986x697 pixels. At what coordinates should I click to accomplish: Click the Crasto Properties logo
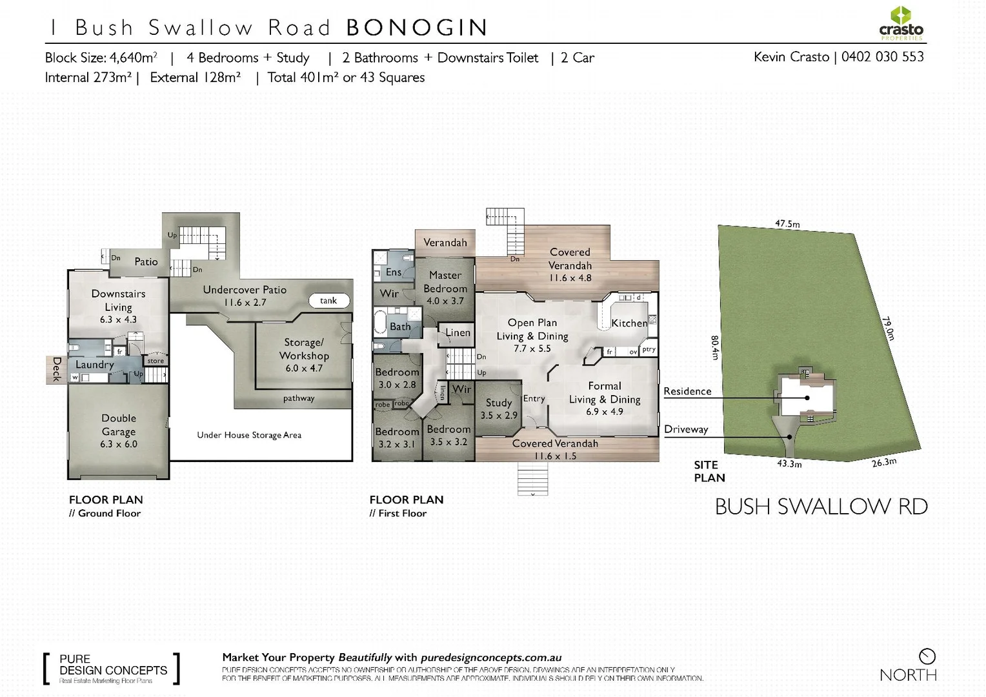click(901, 23)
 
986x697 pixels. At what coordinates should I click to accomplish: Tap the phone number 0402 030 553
click(882, 57)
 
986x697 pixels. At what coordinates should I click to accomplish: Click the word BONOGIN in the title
click(417, 28)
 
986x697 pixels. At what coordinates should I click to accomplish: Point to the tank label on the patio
click(328, 301)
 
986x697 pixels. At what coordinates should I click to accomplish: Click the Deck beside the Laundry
click(56, 369)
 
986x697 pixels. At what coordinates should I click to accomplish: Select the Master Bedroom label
click(445, 282)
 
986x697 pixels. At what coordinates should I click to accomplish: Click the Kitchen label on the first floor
click(629, 323)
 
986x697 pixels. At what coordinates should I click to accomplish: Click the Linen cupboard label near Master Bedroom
click(458, 333)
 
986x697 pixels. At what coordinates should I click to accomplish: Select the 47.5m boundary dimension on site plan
click(787, 224)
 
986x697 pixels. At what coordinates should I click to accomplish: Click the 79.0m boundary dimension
click(888, 328)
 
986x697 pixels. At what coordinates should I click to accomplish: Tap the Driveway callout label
click(686, 430)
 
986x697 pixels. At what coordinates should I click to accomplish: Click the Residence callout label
click(687, 391)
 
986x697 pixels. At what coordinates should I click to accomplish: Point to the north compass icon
click(927, 656)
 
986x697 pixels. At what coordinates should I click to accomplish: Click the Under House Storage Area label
click(249, 435)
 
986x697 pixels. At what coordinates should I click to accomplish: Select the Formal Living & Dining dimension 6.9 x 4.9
click(605, 412)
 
